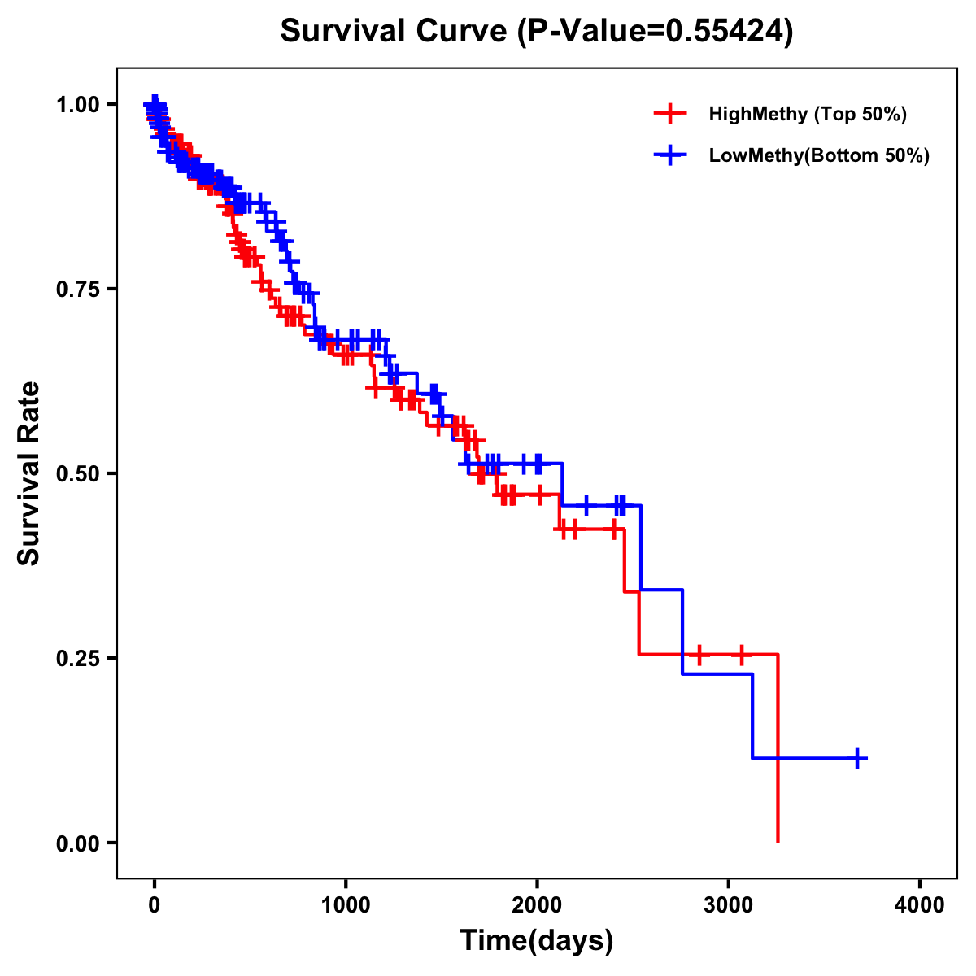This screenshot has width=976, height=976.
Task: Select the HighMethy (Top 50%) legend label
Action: click(x=807, y=114)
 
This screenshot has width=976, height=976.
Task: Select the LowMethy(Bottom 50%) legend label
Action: click(x=819, y=155)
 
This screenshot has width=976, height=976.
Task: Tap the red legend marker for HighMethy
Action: click(x=670, y=114)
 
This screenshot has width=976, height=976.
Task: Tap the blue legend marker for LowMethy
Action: click(x=670, y=155)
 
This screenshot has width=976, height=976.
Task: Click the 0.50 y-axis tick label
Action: click(x=78, y=473)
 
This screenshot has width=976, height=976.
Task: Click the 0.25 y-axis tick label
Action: click(x=78, y=658)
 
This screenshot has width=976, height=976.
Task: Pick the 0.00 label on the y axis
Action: click(x=78, y=843)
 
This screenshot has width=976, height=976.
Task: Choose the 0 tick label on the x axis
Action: click(x=155, y=905)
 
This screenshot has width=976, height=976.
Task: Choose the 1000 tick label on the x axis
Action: click(x=346, y=905)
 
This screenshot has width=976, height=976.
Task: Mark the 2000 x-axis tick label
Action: click(x=537, y=905)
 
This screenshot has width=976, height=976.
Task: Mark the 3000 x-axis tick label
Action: click(x=729, y=905)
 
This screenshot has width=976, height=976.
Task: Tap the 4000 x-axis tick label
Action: click(x=920, y=905)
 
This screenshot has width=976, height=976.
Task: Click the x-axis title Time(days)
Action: click(x=537, y=941)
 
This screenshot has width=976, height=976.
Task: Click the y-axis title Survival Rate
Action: click(x=29, y=473)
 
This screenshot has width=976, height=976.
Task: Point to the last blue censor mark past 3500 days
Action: click(x=856, y=758)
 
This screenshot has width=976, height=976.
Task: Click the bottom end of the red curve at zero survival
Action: click(x=778, y=840)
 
